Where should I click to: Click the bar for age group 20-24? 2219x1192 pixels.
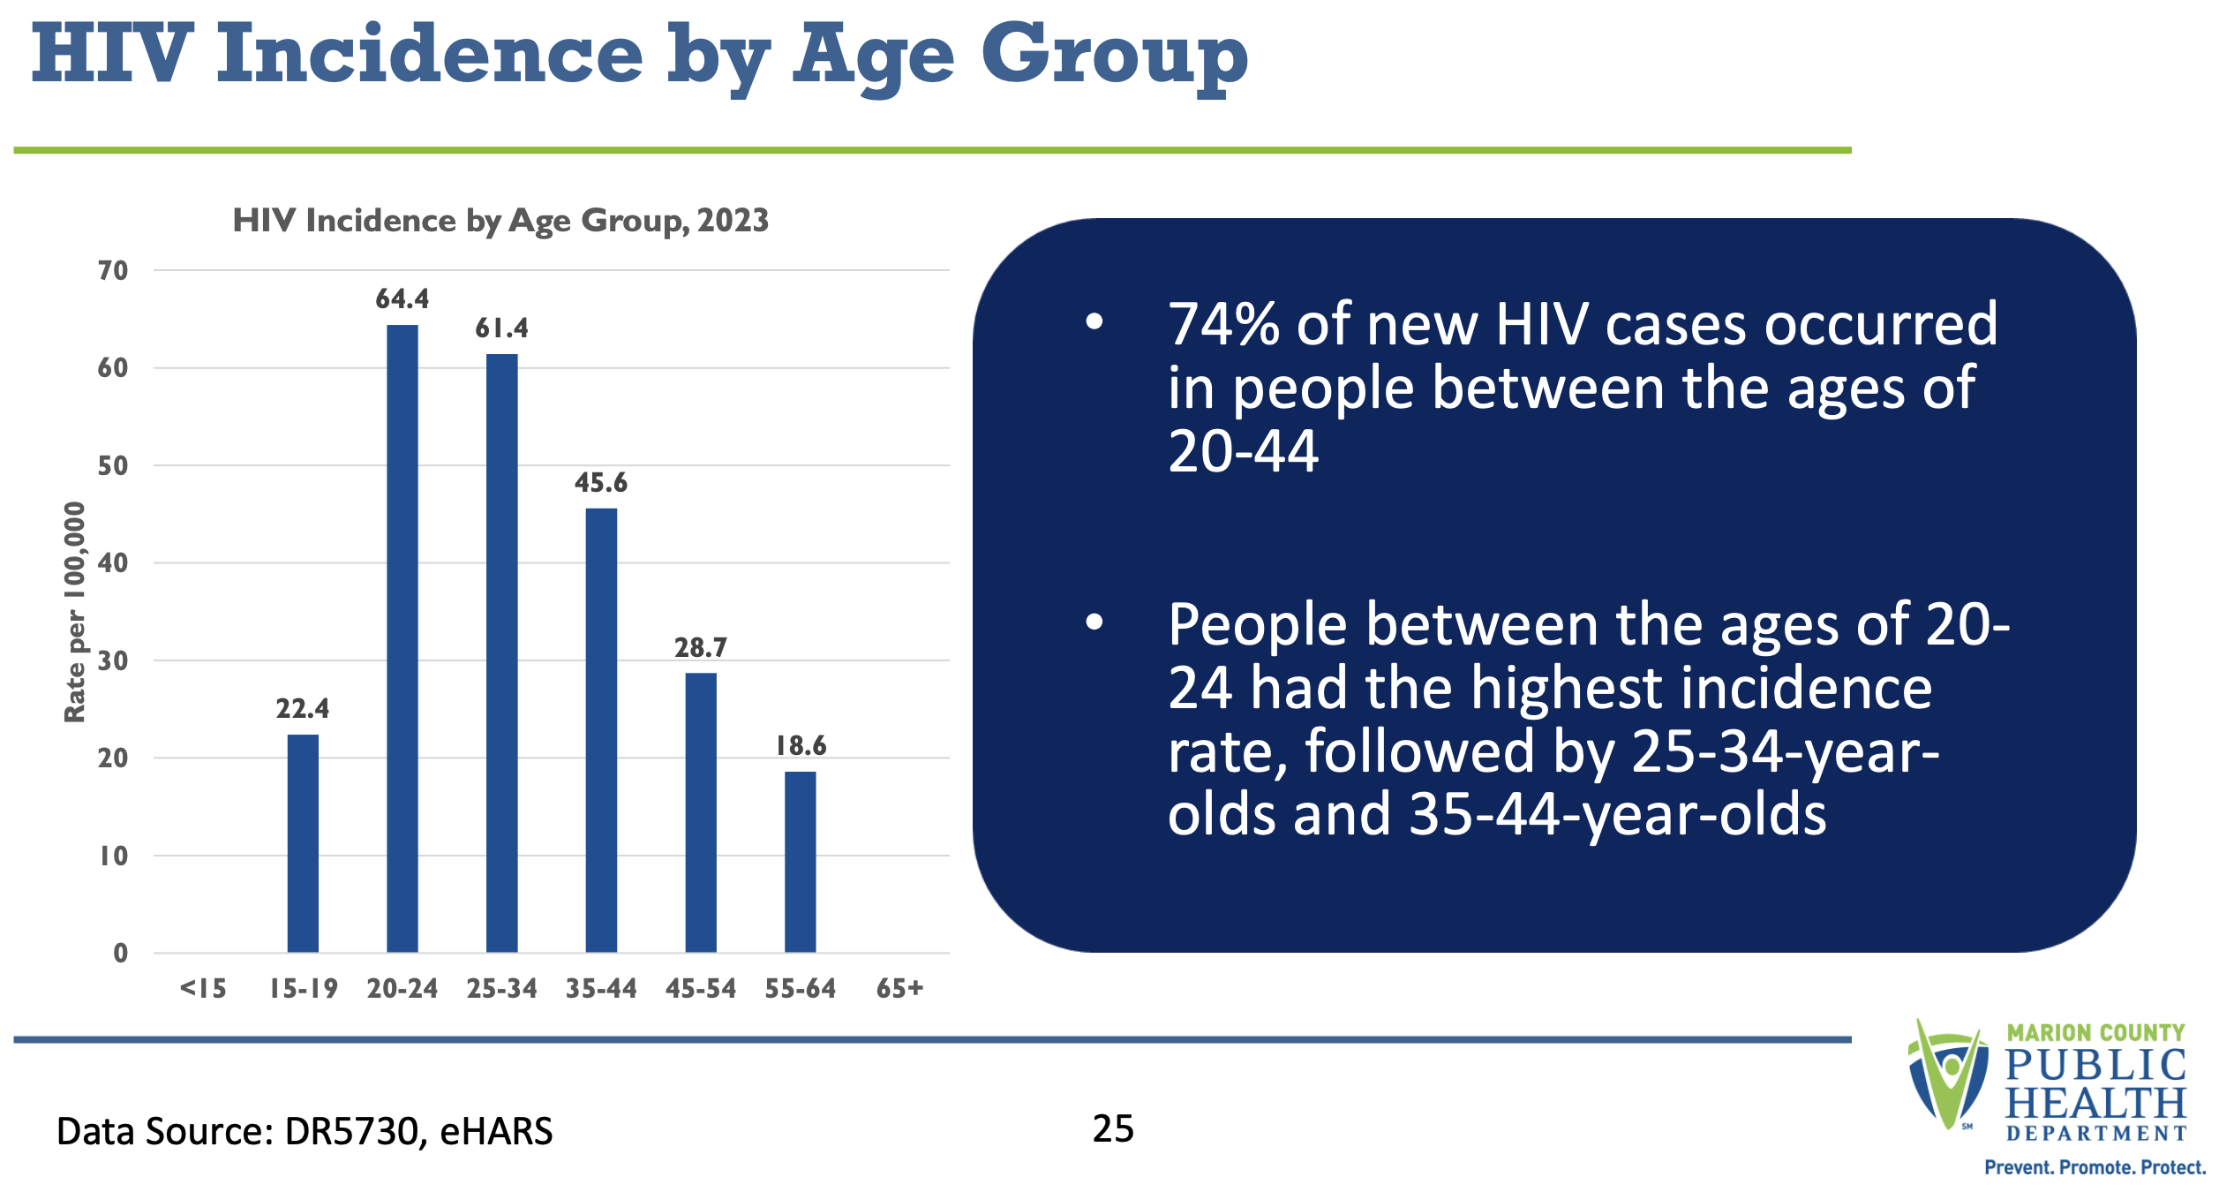(x=402, y=638)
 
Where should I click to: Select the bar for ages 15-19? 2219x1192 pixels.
(x=303, y=843)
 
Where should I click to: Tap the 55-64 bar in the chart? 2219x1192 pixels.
(x=801, y=862)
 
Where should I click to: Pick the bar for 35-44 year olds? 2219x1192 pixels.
(x=601, y=730)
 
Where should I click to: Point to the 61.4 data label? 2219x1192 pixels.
(x=501, y=328)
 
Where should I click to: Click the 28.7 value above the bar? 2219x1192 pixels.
(x=701, y=648)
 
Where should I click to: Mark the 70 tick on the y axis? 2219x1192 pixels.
(x=113, y=270)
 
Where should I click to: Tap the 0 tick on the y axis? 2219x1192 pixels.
(x=121, y=953)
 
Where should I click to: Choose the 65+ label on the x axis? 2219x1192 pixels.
(x=899, y=988)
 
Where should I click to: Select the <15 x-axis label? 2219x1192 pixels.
(x=203, y=988)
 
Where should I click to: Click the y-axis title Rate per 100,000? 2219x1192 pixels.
(x=75, y=612)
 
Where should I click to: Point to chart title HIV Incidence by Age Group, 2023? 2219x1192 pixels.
(x=500, y=221)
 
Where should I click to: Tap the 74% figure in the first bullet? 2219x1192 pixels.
(x=1224, y=324)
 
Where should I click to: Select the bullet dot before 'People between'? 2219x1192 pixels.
(x=1094, y=622)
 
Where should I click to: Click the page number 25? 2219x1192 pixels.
(x=1113, y=1128)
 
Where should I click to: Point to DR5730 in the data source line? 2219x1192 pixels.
(x=351, y=1131)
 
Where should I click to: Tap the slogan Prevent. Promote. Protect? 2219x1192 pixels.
(x=2095, y=1167)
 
